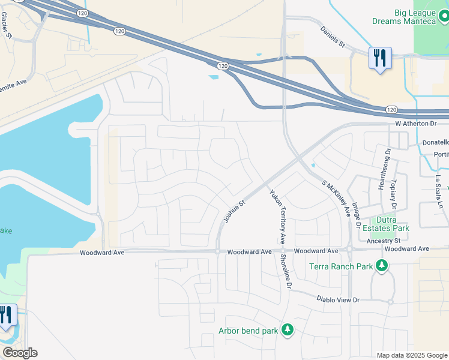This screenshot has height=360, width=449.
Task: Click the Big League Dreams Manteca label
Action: click(x=415, y=16)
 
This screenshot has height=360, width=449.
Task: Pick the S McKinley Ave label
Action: click(x=336, y=198)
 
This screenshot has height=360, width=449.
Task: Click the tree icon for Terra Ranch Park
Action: click(x=381, y=265)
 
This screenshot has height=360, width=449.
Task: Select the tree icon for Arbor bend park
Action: click(x=288, y=329)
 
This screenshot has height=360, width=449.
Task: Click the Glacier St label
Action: click(x=7, y=24)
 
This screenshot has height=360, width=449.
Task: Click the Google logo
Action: click(x=20, y=353)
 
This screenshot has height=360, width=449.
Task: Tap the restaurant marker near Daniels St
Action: click(x=379, y=58)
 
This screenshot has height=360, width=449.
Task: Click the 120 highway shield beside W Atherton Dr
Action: click(x=391, y=110)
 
